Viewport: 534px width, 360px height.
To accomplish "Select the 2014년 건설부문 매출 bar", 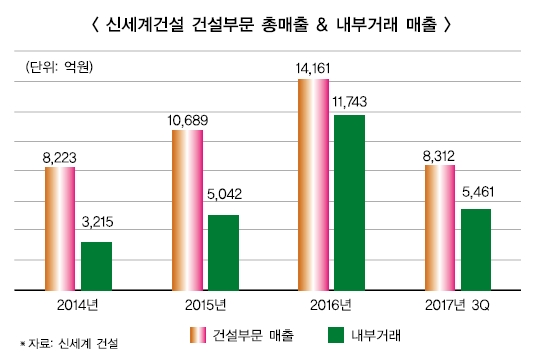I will pyautogui.click(x=60, y=228).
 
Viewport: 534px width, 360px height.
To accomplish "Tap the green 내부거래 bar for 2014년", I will pyautogui.click(x=96, y=266).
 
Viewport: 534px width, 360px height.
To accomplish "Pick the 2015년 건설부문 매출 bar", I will pyautogui.click(x=188, y=210).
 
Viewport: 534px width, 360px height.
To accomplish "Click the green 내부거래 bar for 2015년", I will pyautogui.click(x=223, y=252).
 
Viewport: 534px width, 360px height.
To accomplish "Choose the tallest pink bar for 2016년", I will pyautogui.click(x=314, y=184).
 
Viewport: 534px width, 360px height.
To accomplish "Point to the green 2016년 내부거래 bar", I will pyautogui.click(x=349, y=202).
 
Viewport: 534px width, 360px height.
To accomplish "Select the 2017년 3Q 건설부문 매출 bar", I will pyautogui.click(x=441, y=227).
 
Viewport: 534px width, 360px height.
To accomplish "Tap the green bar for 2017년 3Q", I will pyautogui.click(x=476, y=249).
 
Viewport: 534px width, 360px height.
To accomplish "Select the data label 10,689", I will pyautogui.click(x=187, y=120).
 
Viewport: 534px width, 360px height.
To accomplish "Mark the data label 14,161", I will pyautogui.click(x=314, y=68).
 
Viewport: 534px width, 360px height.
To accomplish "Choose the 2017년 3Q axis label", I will pyautogui.click(x=459, y=304).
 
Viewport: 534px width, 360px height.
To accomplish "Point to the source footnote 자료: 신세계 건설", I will pyautogui.click(x=69, y=342).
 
